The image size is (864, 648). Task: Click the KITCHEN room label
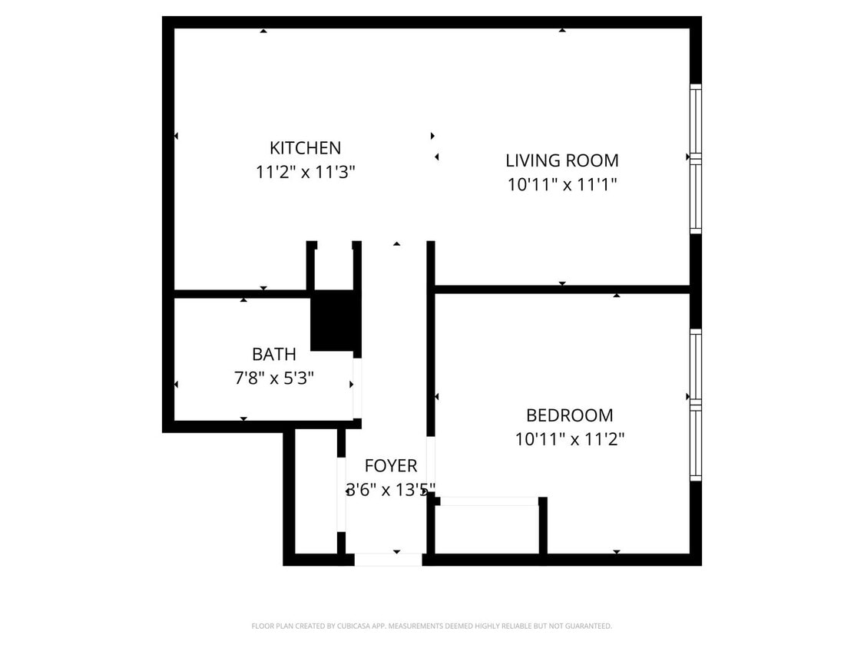pyautogui.click(x=305, y=147)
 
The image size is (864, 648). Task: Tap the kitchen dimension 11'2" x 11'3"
pyautogui.click(x=305, y=172)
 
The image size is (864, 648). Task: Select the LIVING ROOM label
pyautogui.click(x=561, y=160)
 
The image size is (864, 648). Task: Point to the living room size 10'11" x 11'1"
pyautogui.click(x=561, y=185)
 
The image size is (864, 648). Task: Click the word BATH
pyautogui.click(x=273, y=354)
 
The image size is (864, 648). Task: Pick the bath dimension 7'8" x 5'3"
pyautogui.click(x=273, y=379)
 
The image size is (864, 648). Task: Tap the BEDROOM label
pyautogui.click(x=569, y=415)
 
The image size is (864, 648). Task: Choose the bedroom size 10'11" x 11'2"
pyautogui.click(x=569, y=440)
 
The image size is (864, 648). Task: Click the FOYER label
pyautogui.click(x=390, y=465)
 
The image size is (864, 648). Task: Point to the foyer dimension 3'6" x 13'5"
pyautogui.click(x=390, y=489)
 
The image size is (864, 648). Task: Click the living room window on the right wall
pyautogui.click(x=695, y=159)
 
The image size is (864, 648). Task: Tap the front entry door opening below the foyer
pyautogui.click(x=388, y=560)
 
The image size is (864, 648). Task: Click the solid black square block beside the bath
pyautogui.click(x=334, y=322)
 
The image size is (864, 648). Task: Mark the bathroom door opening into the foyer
pyautogui.click(x=357, y=388)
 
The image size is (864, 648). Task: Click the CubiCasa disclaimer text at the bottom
pyautogui.click(x=432, y=626)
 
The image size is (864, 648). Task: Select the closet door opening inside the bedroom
pyautogui.click(x=489, y=501)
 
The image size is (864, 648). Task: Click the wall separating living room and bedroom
pyautogui.click(x=561, y=289)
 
